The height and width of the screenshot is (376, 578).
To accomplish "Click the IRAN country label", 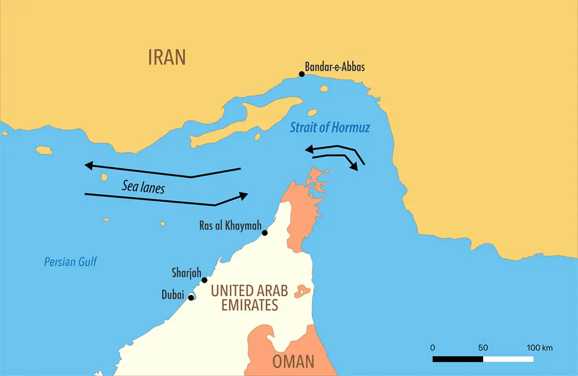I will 167,57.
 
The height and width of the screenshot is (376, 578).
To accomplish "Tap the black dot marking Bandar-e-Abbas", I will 301,74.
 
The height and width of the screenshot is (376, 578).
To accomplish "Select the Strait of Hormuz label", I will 329,127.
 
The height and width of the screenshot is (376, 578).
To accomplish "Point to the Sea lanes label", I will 143,187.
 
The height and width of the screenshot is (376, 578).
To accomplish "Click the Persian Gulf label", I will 71,262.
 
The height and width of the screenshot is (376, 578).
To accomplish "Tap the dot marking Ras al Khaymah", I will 265,233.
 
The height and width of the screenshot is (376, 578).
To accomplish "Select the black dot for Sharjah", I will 204,280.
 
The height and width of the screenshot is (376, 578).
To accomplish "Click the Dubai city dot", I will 191,297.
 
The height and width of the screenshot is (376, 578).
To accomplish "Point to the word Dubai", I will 173,295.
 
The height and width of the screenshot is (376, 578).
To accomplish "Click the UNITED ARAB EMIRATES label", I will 250,297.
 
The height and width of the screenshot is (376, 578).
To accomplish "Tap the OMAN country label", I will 293,362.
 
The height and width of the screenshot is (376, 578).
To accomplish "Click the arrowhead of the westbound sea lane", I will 89,166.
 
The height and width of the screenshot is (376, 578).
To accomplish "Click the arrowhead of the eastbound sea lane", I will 243,196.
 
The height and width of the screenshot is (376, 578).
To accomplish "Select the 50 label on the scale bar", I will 483,348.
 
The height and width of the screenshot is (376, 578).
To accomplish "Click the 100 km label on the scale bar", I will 539,348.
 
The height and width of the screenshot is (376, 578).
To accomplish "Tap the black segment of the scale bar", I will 458,359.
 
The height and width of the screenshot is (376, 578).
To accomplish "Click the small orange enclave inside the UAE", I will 302,292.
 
